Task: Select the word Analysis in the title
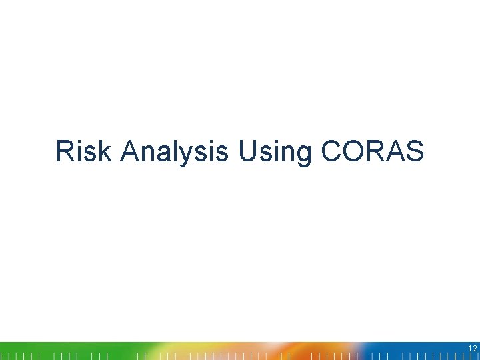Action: (175, 151)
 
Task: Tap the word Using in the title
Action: (274, 151)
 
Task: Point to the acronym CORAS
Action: (372, 151)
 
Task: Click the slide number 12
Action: (471, 348)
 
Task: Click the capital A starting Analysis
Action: (130, 151)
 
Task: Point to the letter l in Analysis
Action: (184, 151)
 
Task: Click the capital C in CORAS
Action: (331, 151)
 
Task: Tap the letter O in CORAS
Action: (353, 151)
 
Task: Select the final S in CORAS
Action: (415, 151)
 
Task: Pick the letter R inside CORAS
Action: (375, 151)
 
